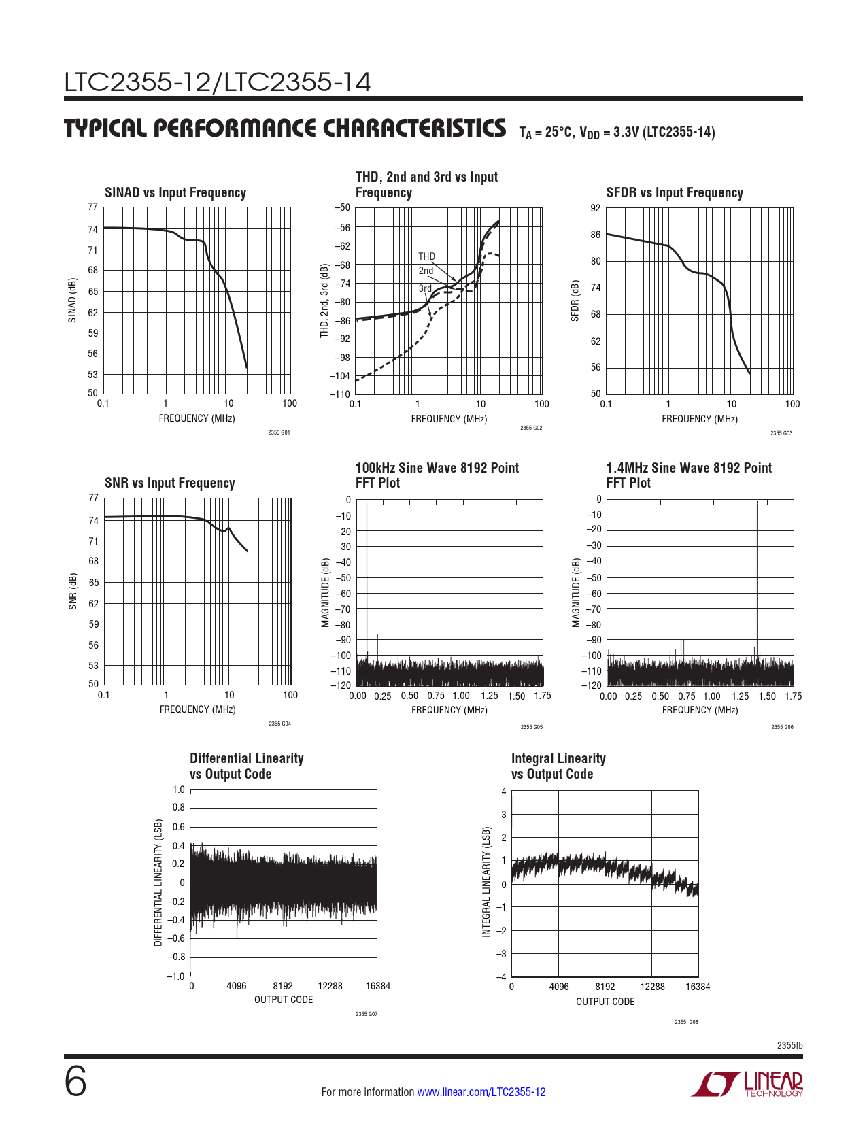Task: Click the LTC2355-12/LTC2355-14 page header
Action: pyautogui.click(x=218, y=83)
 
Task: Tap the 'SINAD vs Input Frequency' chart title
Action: pyautogui.click(x=175, y=192)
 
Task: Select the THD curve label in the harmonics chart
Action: pyautogui.click(x=426, y=256)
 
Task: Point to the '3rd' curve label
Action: pyautogui.click(x=425, y=288)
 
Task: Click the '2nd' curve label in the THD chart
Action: pyautogui.click(x=426, y=271)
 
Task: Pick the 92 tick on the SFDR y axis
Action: pyautogui.click(x=596, y=208)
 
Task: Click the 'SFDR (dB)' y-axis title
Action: pyautogui.click(x=575, y=301)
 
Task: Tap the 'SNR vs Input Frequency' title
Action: pyautogui.click(x=170, y=483)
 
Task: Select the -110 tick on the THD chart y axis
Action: pyautogui.click(x=340, y=394)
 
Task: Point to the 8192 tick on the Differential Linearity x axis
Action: pyautogui.click(x=283, y=986)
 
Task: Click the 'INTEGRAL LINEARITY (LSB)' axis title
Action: pyautogui.click(x=486, y=882)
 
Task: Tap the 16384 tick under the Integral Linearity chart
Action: pyautogui.click(x=698, y=987)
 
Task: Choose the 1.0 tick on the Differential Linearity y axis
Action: pyautogui.click(x=178, y=789)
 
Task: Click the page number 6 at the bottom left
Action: pyautogui.click(x=75, y=1082)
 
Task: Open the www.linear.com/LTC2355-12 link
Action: pyautogui.click(x=481, y=1092)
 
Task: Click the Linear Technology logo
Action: pyautogui.click(x=747, y=1084)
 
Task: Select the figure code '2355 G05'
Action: pyautogui.click(x=531, y=727)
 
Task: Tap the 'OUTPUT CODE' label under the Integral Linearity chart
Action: pyautogui.click(x=605, y=1002)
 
